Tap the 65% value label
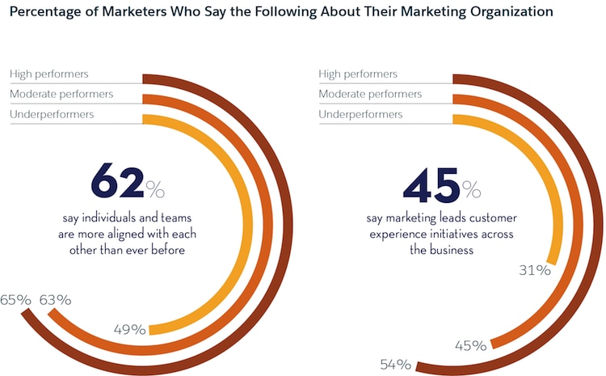(15, 300)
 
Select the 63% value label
(55, 300)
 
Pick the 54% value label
(396, 365)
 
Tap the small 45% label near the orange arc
(470, 346)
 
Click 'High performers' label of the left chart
(49, 74)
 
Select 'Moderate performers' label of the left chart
(61, 95)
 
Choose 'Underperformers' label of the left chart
(52, 114)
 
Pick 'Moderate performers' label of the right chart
(371, 95)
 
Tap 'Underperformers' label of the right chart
(361, 114)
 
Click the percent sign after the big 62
(155, 190)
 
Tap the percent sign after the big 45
(471, 190)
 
